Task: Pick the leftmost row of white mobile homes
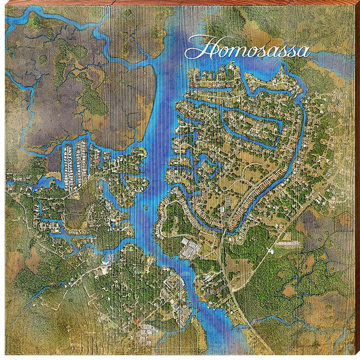click(68, 163)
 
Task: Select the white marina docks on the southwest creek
click(108, 259)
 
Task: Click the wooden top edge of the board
click(180, 2)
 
